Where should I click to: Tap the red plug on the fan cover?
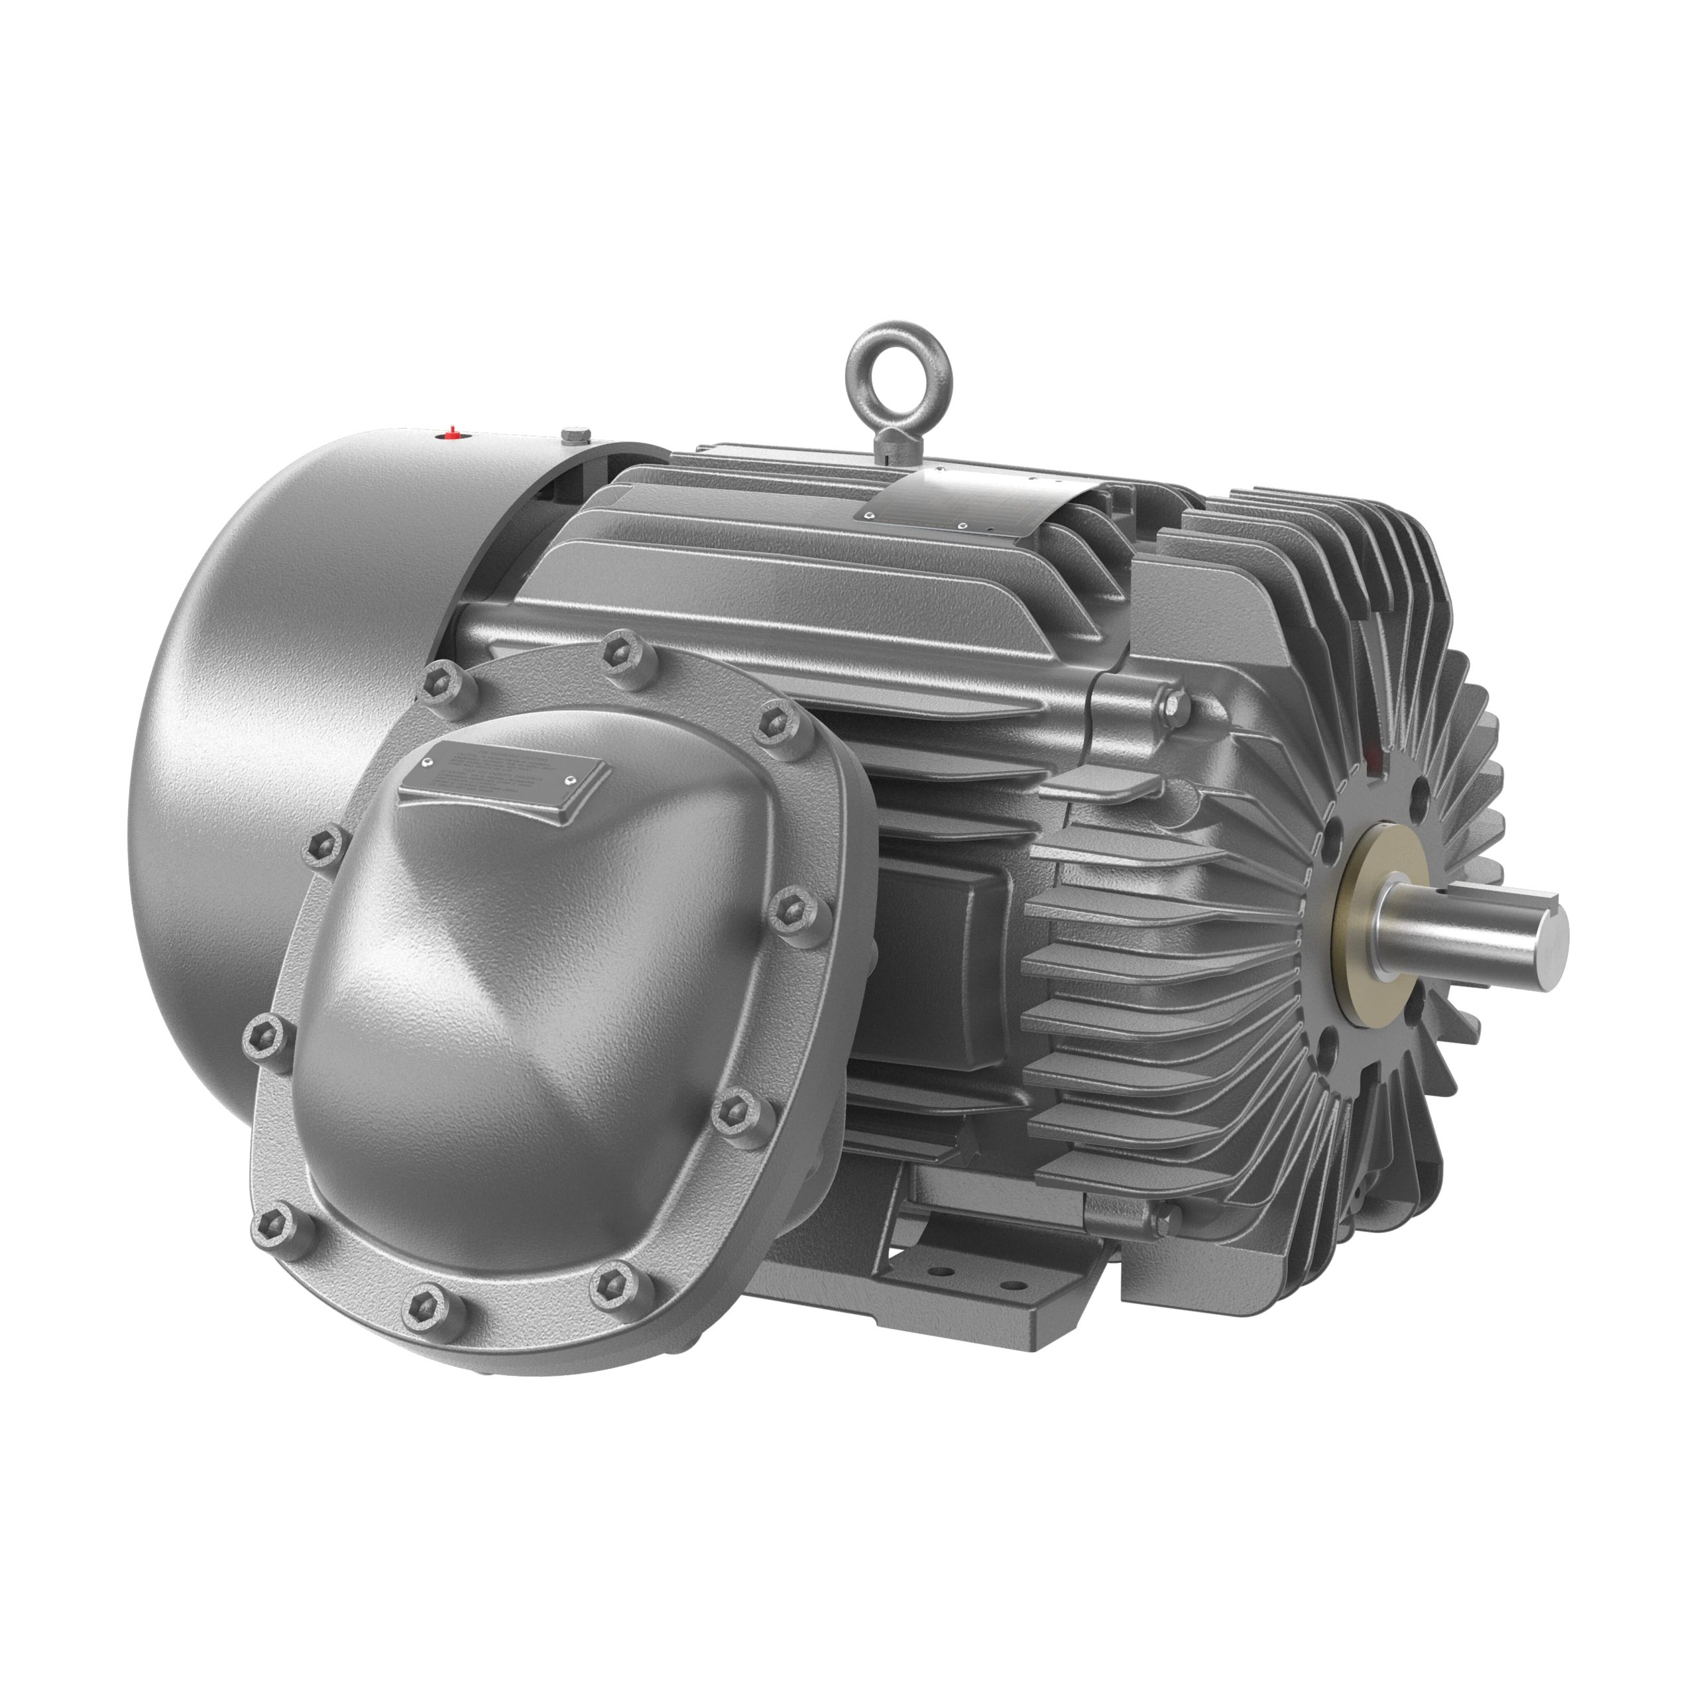pyautogui.click(x=451, y=432)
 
